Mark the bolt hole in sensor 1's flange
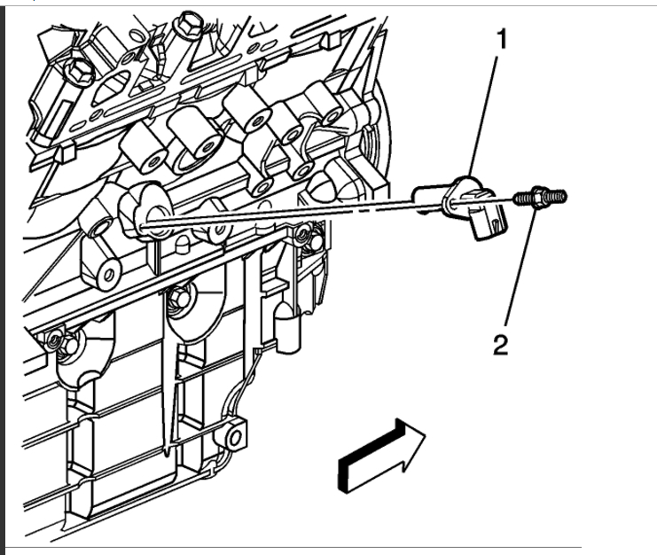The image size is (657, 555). [x=454, y=205]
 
